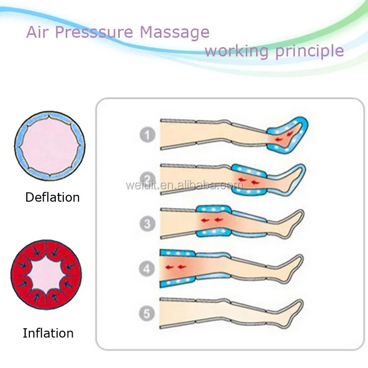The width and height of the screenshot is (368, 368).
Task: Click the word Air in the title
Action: click(37, 32)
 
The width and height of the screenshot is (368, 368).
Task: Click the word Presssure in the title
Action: click(93, 33)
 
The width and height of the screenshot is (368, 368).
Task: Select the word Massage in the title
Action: click(175, 33)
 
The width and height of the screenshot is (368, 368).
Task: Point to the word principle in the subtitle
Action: click(312, 51)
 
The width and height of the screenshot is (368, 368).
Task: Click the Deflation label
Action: click(53, 197)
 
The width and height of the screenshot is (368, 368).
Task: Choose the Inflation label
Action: click(48, 333)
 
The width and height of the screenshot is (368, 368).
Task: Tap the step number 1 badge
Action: click(147, 134)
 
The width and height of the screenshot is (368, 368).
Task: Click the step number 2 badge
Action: click(147, 178)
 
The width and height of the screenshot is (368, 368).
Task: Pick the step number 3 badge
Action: click(147, 223)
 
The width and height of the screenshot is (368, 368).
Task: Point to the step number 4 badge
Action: click(147, 268)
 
